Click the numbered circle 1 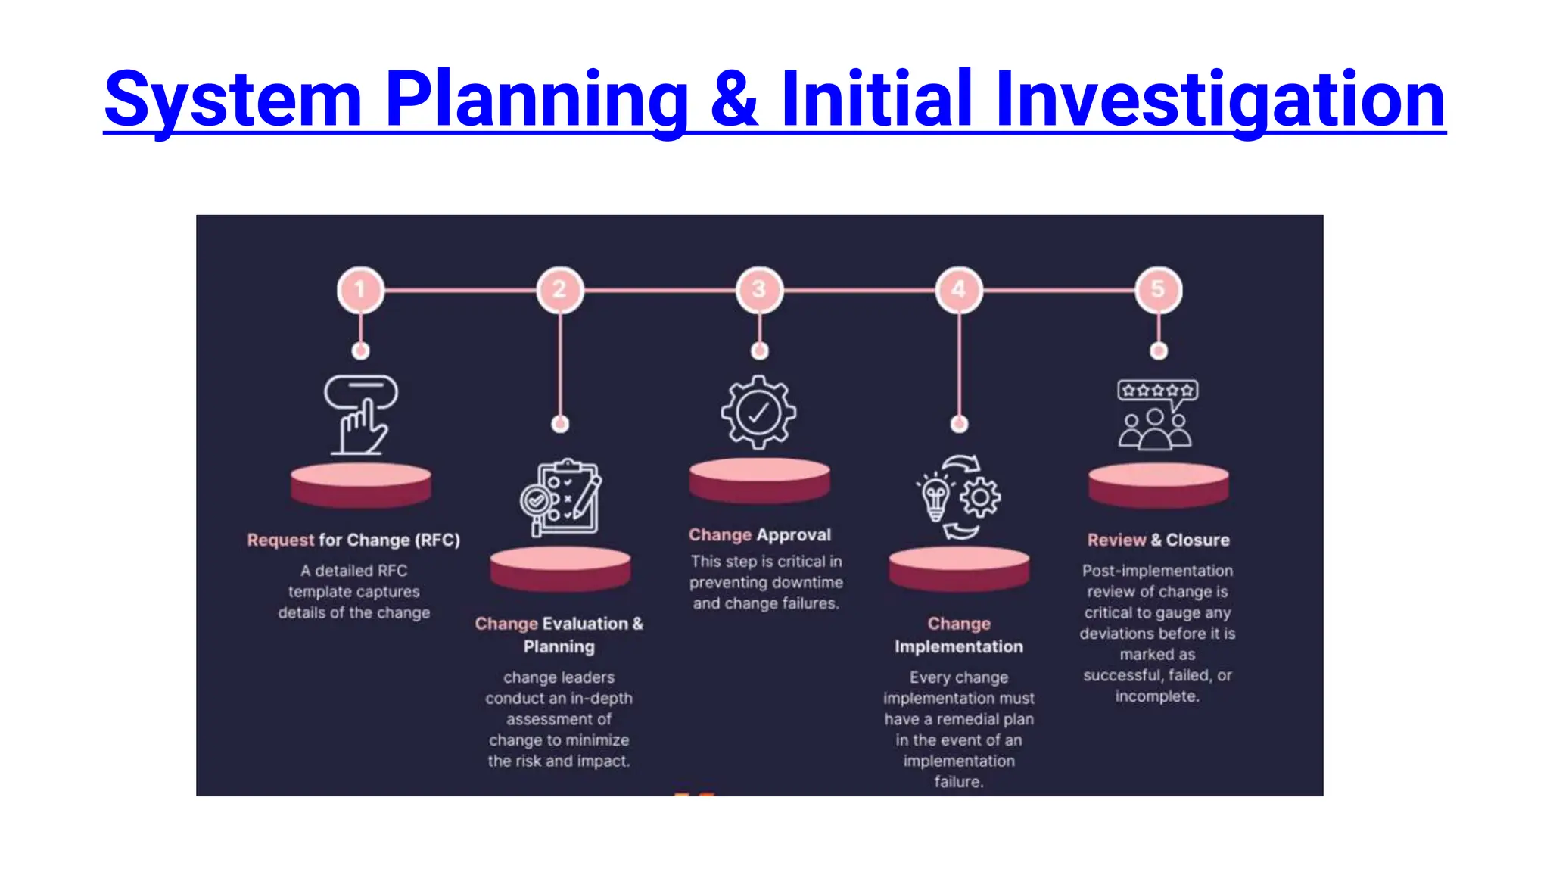(360, 289)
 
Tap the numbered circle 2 (560, 289)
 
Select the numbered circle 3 (759, 289)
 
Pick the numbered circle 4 (959, 289)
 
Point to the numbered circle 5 (1158, 289)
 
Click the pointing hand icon (361, 415)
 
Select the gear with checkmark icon (758, 413)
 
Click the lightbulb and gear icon (959, 497)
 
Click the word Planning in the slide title (537, 99)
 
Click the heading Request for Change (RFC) (353, 540)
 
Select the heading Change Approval (759, 535)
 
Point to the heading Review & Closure (1158, 540)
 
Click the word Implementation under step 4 (958, 646)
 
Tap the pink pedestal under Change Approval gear (759, 480)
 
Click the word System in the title (233, 99)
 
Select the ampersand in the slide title (734, 99)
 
